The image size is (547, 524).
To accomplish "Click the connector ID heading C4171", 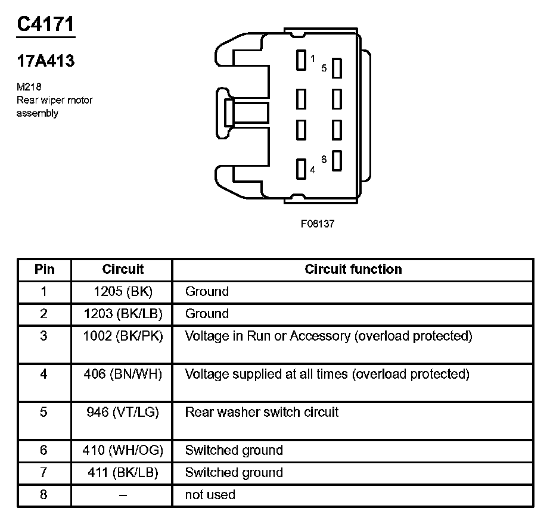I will [46, 25].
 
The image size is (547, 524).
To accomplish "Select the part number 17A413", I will [45, 61].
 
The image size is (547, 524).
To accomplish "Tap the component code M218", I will [29, 87].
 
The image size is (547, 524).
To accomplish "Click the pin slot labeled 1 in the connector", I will [301, 60].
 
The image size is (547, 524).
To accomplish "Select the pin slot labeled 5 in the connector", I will [337, 68].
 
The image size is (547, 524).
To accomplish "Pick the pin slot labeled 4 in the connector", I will [301, 169].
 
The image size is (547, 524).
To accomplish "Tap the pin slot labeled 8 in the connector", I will [337, 161].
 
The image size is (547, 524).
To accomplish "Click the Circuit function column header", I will [353, 269].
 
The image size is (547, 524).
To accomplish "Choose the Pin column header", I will [44, 269].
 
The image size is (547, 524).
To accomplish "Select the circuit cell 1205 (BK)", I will [122, 292].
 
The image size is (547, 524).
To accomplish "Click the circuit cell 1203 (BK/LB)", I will [122, 314].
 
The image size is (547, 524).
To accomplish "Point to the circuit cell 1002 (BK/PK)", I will [122, 336].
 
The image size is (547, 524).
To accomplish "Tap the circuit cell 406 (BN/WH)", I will [122, 374].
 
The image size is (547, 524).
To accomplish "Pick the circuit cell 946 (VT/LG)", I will [122, 412].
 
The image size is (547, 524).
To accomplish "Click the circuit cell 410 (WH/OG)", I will [122, 450].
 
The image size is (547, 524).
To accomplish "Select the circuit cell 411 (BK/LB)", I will [122, 472].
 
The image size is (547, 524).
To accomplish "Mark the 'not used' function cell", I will [210, 494].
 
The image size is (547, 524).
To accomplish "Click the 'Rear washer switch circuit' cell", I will [262, 412].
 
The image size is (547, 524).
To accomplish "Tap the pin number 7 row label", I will [43, 472].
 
